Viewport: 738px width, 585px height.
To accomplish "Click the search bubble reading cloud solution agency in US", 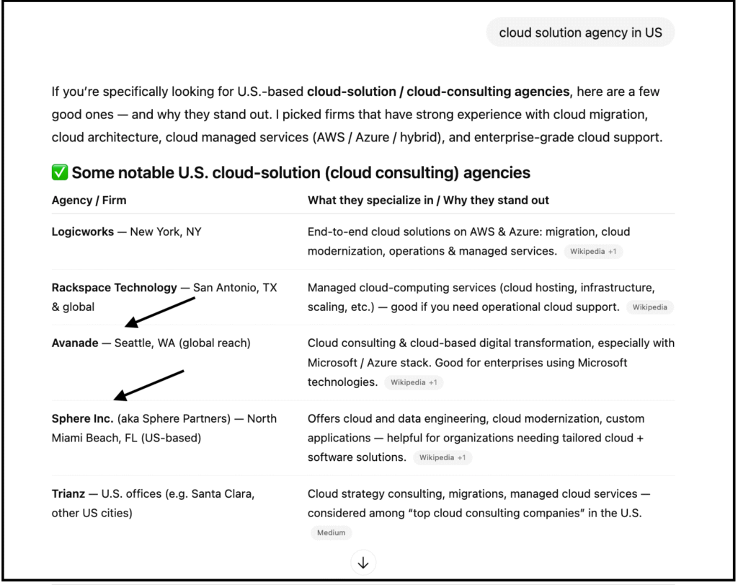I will pos(580,32).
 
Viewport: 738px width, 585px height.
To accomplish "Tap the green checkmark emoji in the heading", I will pos(60,173).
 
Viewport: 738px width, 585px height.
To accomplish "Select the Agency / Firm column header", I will pos(89,201).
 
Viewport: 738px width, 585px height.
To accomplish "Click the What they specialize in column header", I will pos(428,201).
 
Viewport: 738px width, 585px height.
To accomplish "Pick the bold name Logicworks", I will pos(82,232).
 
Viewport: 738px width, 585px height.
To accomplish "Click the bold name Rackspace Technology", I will pos(114,288).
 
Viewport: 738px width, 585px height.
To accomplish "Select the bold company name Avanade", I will pos(75,343).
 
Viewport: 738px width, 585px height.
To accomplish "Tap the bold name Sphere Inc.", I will pos(82,419).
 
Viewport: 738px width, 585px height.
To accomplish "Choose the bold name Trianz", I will pos(68,494).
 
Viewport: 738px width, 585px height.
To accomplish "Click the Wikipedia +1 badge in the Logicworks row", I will pos(593,252).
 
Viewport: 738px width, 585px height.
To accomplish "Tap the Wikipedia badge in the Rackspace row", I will pos(649,307).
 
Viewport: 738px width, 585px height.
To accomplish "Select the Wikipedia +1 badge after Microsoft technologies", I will pos(414,382).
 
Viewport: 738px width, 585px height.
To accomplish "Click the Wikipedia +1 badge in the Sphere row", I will pos(443,457).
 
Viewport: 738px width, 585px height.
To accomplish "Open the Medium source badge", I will pos(331,533).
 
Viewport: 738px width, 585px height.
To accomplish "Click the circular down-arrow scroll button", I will pos(363,563).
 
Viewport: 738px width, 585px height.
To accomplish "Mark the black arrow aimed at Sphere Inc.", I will pos(149,385).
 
